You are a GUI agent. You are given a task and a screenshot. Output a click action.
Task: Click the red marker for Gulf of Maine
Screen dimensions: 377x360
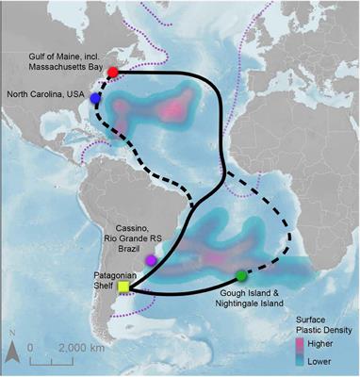(113, 73)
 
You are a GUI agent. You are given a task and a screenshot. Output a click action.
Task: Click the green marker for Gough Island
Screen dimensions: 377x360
(241, 276)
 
